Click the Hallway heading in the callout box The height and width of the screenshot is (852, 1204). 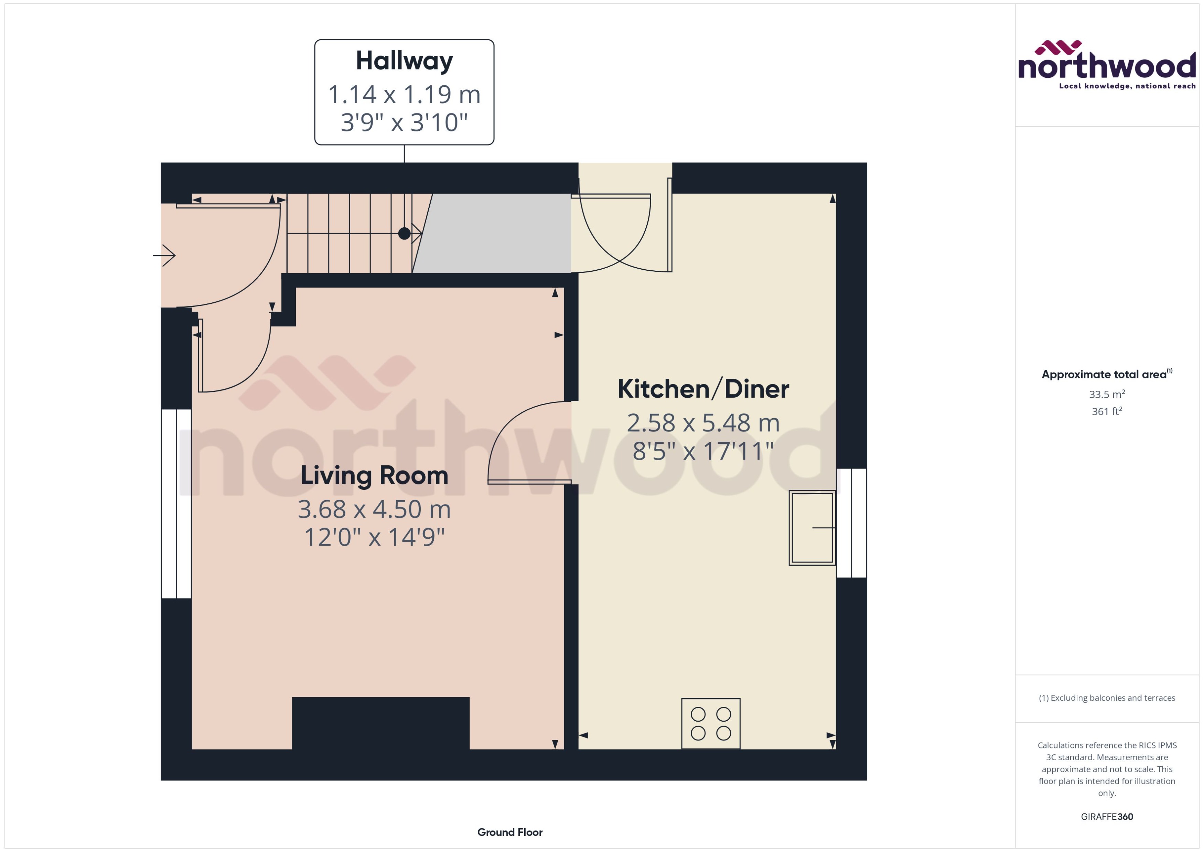404,61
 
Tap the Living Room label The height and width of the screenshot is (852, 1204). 374,475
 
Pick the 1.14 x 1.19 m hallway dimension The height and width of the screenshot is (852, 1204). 404,95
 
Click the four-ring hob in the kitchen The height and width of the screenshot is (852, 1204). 710,723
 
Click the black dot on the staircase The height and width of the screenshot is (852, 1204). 404,234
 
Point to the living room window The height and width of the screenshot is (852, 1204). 176,504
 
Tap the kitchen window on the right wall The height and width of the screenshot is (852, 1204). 851,523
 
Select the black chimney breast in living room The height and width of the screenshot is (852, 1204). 380,723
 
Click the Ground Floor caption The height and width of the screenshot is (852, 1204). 509,832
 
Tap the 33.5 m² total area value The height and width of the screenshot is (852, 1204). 1106,394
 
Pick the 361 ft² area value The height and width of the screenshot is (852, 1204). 1106,411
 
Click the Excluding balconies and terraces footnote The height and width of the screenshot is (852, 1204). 1106,698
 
